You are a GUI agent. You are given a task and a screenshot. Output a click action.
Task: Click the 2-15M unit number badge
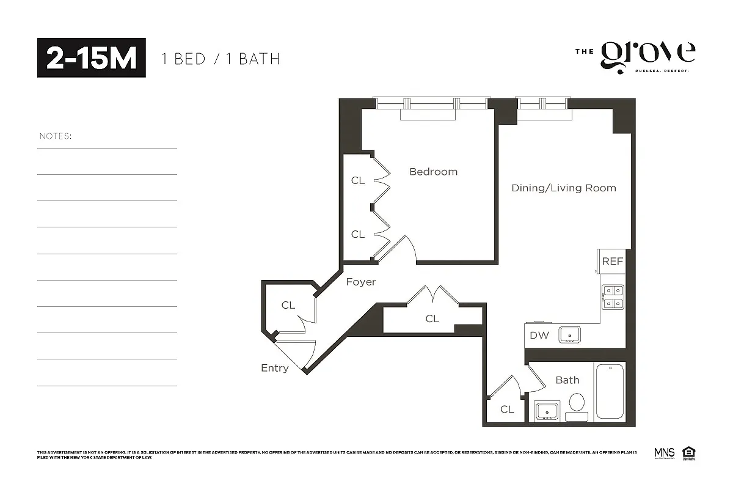click(x=92, y=57)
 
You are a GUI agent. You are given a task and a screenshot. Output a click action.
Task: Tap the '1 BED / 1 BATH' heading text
click(x=221, y=59)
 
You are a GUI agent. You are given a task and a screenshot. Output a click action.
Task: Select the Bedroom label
click(x=433, y=172)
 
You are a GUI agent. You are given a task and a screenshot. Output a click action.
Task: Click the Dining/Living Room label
click(x=563, y=188)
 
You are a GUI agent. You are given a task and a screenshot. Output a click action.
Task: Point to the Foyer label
click(x=361, y=282)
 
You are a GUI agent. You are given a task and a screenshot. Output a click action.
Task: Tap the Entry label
click(x=274, y=368)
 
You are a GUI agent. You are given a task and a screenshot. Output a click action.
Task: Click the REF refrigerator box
click(x=613, y=261)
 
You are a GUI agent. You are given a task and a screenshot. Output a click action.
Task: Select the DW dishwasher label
click(x=539, y=335)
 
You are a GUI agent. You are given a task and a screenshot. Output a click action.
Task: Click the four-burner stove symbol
click(x=613, y=297)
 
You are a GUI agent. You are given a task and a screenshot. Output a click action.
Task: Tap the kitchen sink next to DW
click(x=571, y=335)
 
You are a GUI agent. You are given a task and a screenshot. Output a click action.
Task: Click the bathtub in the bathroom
click(x=610, y=392)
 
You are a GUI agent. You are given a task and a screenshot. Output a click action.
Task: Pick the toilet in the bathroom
click(x=577, y=405)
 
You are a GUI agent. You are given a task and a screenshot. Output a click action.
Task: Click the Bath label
click(x=567, y=380)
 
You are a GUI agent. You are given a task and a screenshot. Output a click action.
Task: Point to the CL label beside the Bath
click(x=506, y=410)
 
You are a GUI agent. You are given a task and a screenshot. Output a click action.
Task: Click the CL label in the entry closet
click(x=288, y=305)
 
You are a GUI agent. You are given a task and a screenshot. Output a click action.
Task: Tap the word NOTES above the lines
click(x=56, y=136)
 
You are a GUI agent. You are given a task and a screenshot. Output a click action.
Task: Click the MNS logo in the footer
click(x=664, y=454)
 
